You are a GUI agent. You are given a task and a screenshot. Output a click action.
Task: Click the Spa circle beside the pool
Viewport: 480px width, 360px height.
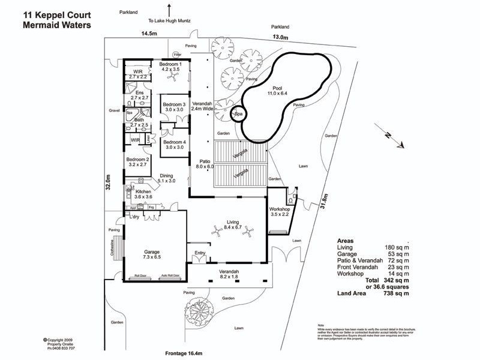pos(239,113)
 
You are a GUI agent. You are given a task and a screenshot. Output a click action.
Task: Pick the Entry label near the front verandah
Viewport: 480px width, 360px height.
pos(199,253)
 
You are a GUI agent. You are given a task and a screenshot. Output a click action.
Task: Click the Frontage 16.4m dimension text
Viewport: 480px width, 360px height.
pos(188,353)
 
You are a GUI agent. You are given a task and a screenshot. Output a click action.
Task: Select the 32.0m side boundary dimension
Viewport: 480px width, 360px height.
pos(109,182)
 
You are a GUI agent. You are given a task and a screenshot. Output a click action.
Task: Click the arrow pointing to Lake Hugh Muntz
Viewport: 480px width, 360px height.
pos(171,10)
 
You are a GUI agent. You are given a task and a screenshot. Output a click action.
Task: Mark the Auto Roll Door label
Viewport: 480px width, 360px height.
pos(170,277)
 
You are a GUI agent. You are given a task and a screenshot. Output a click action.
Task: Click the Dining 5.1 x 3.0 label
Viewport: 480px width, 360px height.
pos(166,178)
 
